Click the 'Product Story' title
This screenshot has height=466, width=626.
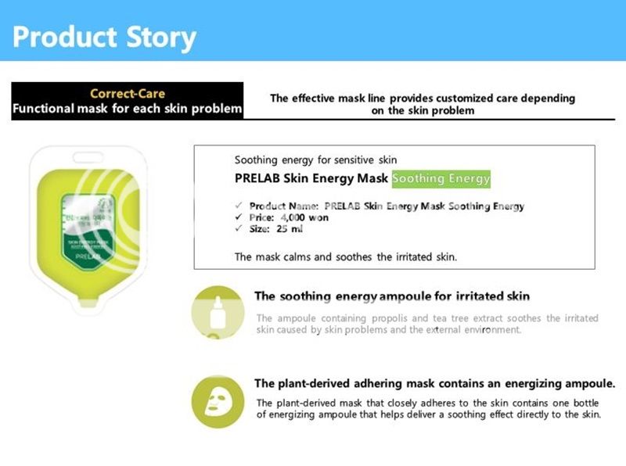(x=104, y=37)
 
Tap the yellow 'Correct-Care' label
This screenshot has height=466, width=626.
(x=128, y=94)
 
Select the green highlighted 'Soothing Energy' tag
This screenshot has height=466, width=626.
(x=441, y=179)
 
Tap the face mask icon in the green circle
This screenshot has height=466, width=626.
(x=217, y=400)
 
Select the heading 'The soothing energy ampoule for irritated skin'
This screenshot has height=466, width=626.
(x=392, y=296)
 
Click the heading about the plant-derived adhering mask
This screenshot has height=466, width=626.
(x=434, y=384)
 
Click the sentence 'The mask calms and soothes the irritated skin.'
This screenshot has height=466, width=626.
(x=345, y=256)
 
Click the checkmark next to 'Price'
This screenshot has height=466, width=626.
(x=239, y=217)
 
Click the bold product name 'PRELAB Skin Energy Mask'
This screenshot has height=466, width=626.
(x=311, y=179)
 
